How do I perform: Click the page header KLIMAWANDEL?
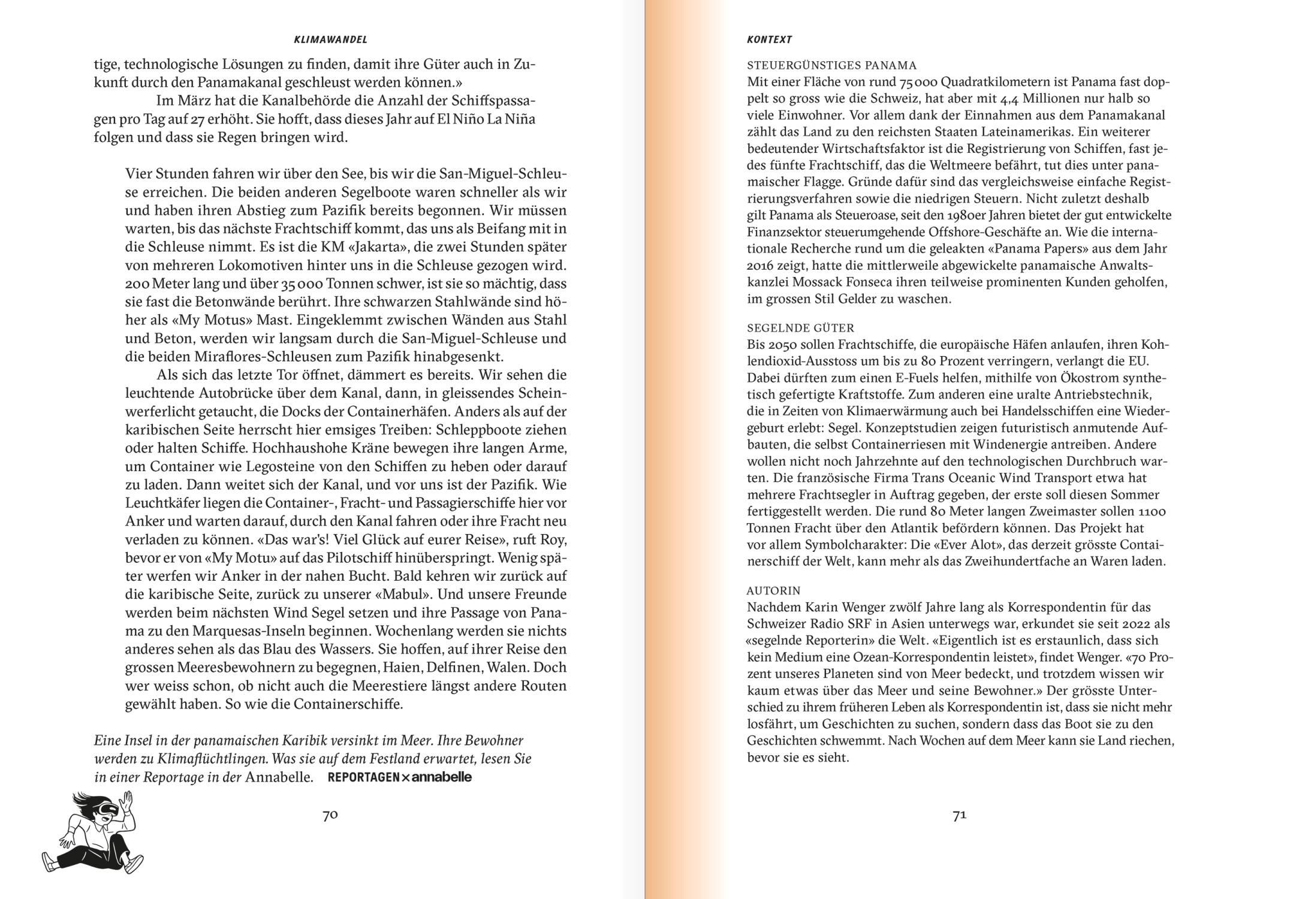click(x=330, y=40)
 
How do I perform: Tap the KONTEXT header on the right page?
click(x=769, y=40)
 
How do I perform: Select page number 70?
click(x=330, y=815)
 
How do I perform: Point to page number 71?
click(x=959, y=815)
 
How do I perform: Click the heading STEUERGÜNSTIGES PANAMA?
click(x=831, y=65)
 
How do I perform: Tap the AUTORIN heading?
click(x=773, y=590)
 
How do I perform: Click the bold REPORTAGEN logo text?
click(x=363, y=777)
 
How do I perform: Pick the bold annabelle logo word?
click(x=442, y=777)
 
